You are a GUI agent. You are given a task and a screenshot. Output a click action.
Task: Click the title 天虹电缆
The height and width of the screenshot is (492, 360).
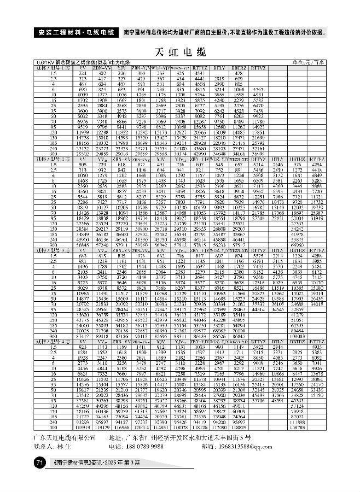tap(180, 52)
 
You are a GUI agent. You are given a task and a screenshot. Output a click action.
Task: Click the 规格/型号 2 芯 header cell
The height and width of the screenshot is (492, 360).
tap(53, 158)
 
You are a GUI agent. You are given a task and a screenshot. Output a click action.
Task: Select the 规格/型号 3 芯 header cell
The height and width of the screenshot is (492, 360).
tap(53, 250)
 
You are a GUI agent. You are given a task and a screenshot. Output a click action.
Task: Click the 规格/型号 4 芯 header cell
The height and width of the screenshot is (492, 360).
tap(53, 341)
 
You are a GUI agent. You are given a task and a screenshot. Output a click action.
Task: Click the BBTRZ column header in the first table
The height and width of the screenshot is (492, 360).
tap(238, 68)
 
